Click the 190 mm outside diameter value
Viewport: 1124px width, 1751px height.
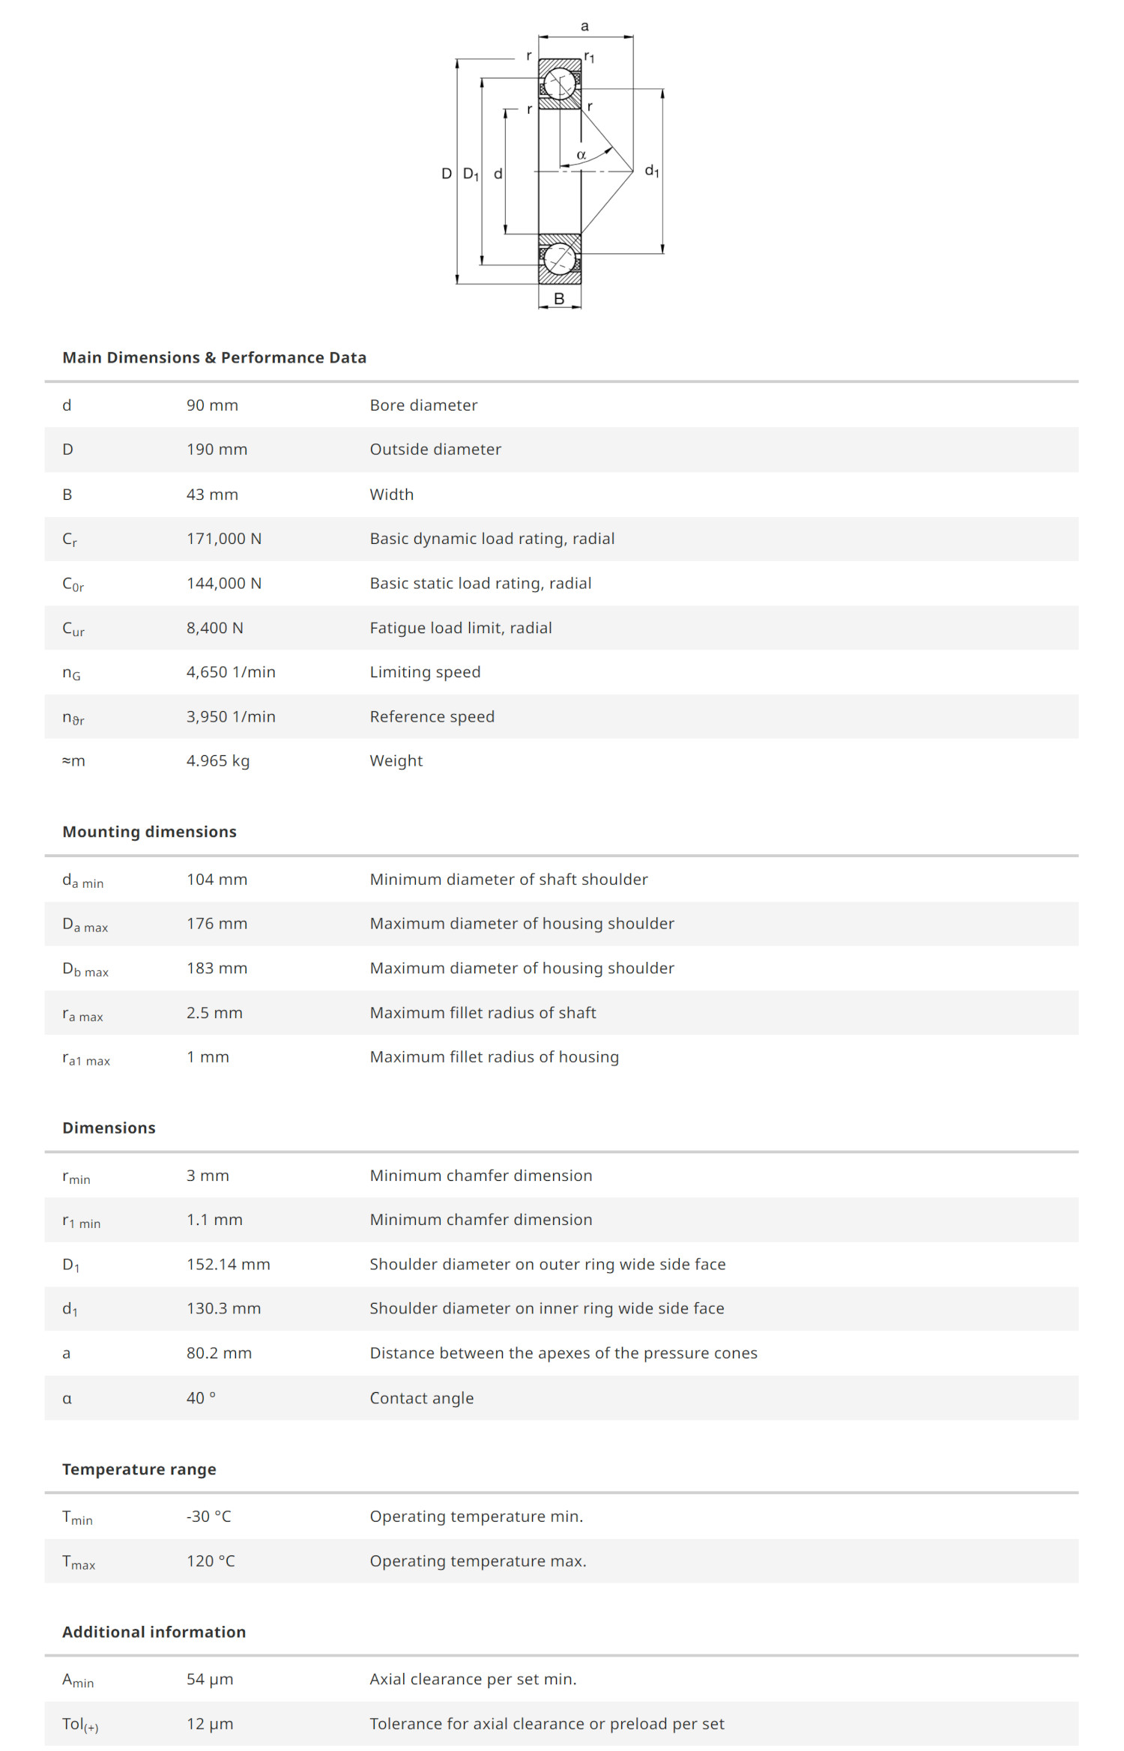click(x=217, y=450)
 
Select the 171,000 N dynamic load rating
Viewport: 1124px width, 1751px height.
click(x=224, y=539)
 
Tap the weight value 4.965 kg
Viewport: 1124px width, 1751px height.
click(x=218, y=760)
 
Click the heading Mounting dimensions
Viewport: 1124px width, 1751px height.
click(x=149, y=832)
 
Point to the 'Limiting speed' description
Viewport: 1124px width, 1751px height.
click(x=425, y=672)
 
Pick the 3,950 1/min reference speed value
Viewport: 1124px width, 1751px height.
click(x=231, y=716)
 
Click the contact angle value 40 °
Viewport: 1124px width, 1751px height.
click(x=201, y=1398)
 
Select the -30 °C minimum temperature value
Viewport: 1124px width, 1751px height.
click(x=209, y=1516)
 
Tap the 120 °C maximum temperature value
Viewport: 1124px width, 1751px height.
click(x=211, y=1561)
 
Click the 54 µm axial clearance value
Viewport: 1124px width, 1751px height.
click(x=210, y=1679)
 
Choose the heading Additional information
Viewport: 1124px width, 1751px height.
click(x=154, y=1632)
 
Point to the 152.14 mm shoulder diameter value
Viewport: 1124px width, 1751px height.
click(x=229, y=1264)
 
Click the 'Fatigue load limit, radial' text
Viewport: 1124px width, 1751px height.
click(x=461, y=628)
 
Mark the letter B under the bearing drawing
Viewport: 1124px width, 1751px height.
click(x=559, y=298)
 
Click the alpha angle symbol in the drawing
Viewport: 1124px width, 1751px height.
click(x=581, y=155)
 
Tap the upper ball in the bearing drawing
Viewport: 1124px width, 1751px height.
click(x=560, y=83)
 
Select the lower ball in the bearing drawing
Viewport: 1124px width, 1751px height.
click(x=559, y=259)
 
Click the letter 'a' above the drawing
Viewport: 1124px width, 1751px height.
click(x=585, y=26)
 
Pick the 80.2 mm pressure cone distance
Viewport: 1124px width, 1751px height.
click(x=219, y=1353)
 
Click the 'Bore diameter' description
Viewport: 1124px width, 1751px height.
click(x=423, y=405)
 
